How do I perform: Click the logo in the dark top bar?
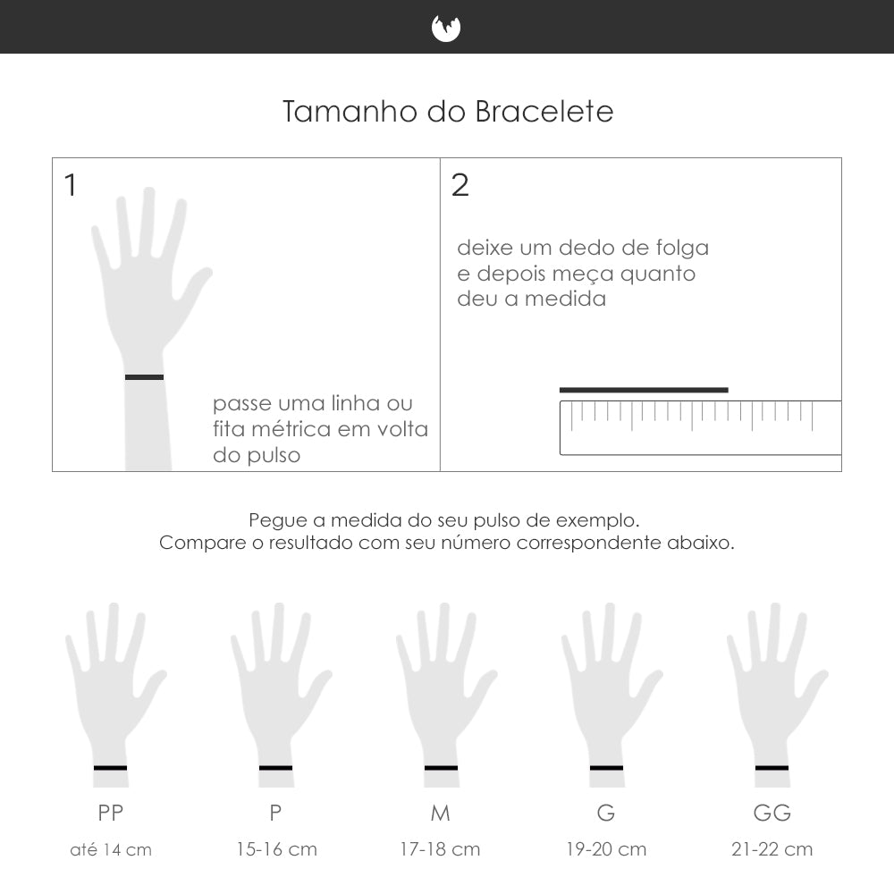coord(446,29)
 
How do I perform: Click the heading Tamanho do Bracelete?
coord(448,113)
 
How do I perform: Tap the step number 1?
coord(71,186)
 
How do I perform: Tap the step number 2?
coord(460,186)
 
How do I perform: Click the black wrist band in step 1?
coord(144,377)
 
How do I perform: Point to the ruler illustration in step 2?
coord(699,427)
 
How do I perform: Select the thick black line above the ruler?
coord(644,390)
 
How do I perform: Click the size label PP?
coord(111,813)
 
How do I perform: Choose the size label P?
coord(275,813)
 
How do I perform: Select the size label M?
coord(440,813)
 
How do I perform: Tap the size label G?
coord(606,813)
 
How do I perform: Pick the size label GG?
coord(772,813)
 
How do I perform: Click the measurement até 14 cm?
coord(111,849)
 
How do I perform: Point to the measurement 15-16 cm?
coord(276,849)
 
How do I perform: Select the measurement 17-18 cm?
coord(440,849)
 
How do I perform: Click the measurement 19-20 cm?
coord(606,849)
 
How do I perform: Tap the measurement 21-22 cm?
coord(772,849)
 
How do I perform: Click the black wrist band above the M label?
coord(441,768)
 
